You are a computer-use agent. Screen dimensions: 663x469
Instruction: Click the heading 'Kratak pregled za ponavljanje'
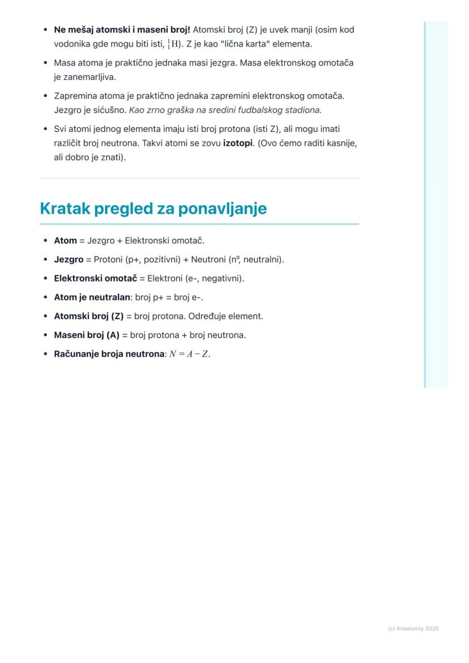point(153,209)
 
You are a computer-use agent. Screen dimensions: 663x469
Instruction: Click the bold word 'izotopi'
point(237,143)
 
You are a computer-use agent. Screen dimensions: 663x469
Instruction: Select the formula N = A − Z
point(189,354)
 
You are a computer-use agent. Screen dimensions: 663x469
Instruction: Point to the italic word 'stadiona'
point(302,110)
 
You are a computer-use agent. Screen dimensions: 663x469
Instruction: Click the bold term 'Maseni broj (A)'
point(87,335)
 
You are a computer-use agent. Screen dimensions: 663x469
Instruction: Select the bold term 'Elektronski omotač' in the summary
point(95,279)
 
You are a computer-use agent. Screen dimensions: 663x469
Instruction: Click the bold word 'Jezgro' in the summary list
point(68,259)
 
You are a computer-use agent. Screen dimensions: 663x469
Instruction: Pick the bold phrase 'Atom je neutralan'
point(92,297)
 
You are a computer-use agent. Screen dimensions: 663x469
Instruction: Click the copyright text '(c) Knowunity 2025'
point(413,628)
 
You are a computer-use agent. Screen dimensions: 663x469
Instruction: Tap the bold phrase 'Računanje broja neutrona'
point(109,354)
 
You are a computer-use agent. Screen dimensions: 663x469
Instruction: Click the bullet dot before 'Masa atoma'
point(45,63)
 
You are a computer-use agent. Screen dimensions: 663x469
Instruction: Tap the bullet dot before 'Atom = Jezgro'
point(45,241)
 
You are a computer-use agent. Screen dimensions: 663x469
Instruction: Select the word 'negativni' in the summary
point(221,279)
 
